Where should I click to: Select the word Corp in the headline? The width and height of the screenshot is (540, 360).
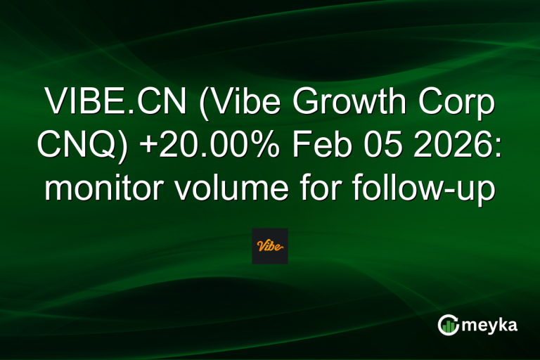click(x=456, y=105)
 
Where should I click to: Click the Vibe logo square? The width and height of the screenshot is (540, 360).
click(x=270, y=246)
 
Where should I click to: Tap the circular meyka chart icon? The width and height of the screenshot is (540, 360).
click(x=449, y=324)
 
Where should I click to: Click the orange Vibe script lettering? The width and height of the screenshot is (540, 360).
click(x=270, y=246)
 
